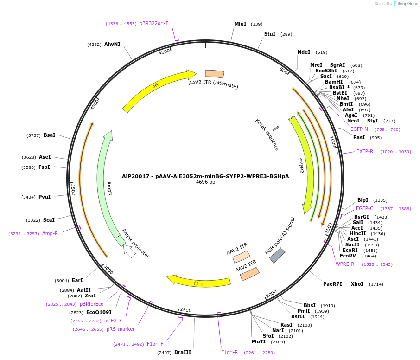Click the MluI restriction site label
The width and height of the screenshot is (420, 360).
tap(240, 24)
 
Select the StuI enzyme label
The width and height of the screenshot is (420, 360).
tap(270, 34)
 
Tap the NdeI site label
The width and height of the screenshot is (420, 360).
tap(304, 52)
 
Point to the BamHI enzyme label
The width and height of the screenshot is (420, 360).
tap(334, 82)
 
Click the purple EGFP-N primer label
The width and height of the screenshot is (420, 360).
tap(359, 129)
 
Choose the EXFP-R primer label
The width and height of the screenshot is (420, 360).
tap(364, 151)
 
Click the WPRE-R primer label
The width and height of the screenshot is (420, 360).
tap(345, 264)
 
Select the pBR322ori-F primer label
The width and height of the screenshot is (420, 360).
tap(154, 23)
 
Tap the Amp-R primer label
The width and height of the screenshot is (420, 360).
tap(50, 233)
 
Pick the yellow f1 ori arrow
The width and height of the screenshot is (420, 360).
tap(199, 282)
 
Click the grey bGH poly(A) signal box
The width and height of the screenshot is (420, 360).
tap(277, 255)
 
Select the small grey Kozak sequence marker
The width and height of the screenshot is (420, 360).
tap(275, 129)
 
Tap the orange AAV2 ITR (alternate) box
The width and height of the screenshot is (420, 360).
tap(215, 74)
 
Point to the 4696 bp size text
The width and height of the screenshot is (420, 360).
tap(205, 182)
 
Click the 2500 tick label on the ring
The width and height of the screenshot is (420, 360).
tap(185, 310)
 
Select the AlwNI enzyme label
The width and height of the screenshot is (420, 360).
tap(112, 44)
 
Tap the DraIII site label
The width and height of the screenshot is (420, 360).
tap(183, 352)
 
